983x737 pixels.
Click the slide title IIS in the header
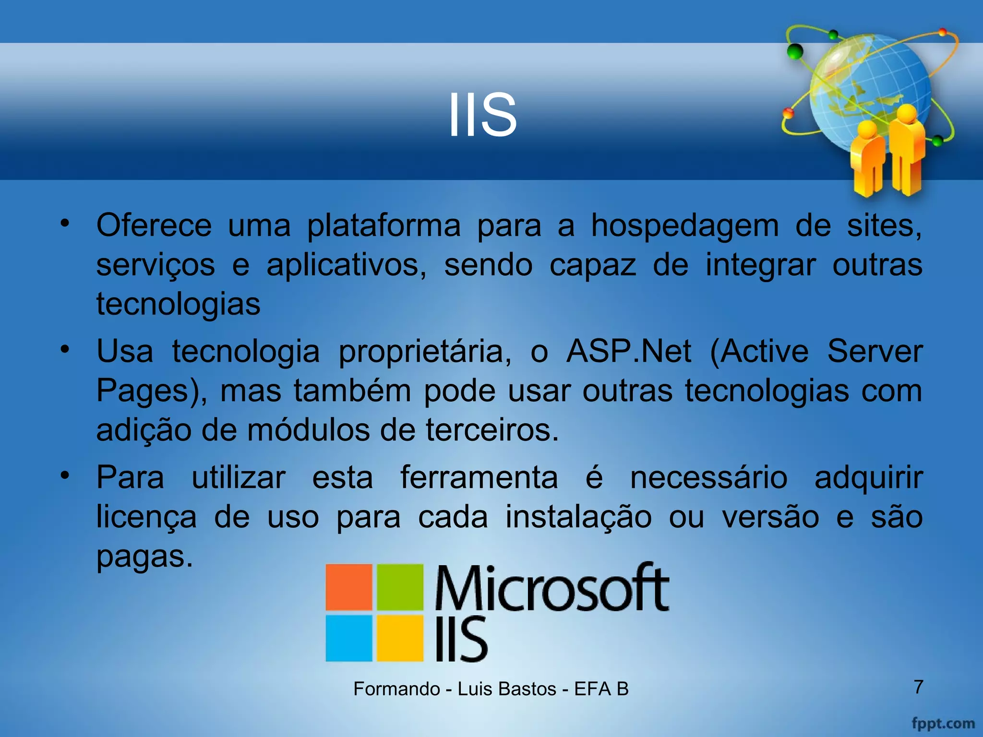(x=482, y=115)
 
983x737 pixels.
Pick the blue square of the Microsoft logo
(x=349, y=638)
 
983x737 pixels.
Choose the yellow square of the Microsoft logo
(x=399, y=638)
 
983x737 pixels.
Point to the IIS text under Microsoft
(x=461, y=639)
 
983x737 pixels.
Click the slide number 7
(x=918, y=687)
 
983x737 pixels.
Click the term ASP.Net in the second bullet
(x=629, y=351)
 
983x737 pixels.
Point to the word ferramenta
(x=479, y=478)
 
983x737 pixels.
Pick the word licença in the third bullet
(x=146, y=517)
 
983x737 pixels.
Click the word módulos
(x=308, y=430)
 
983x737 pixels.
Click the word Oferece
(x=154, y=225)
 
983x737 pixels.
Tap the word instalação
(x=578, y=517)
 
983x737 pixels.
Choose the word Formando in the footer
(x=396, y=689)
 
